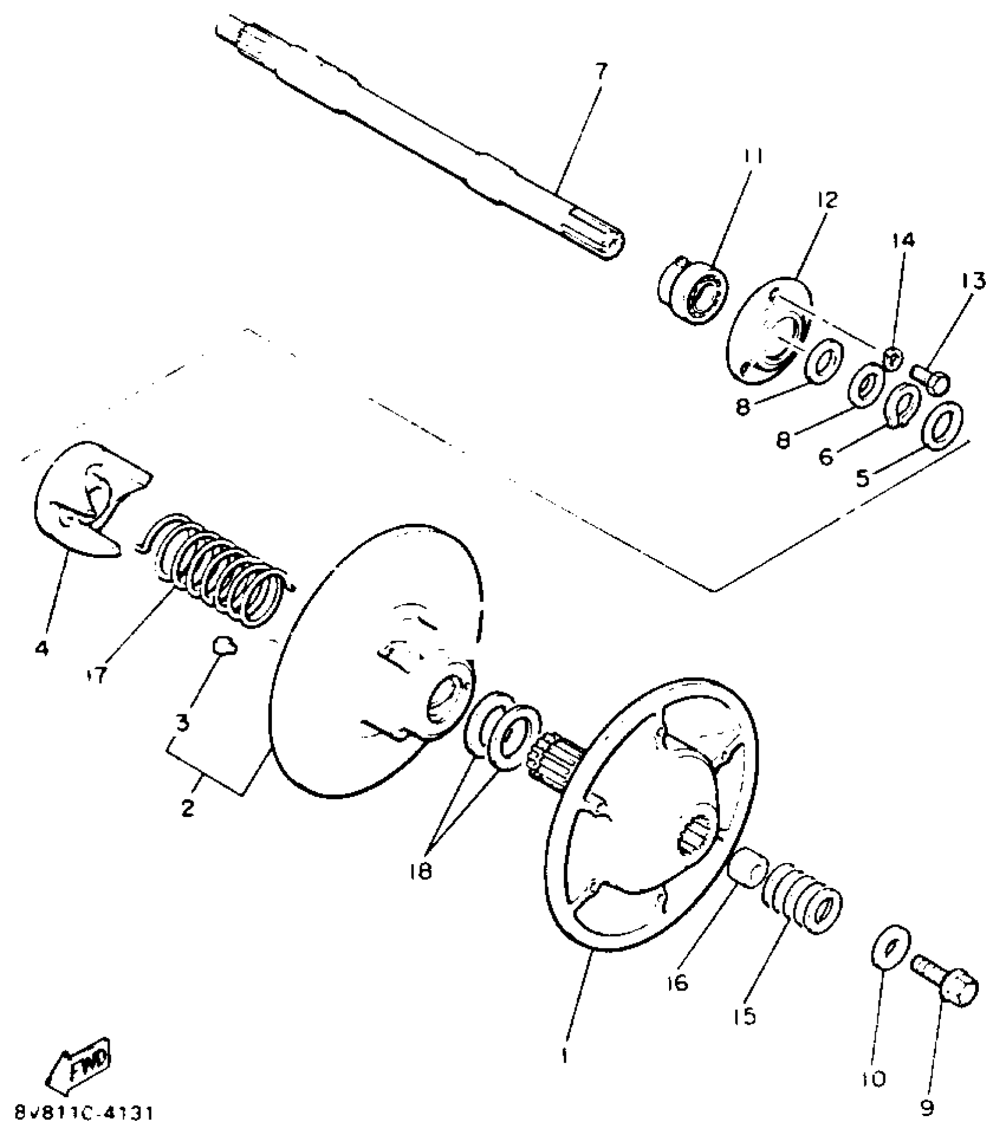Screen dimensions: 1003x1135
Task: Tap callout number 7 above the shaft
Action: pyautogui.click(x=599, y=72)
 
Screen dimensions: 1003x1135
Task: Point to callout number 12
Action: pyautogui.click(x=828, y=200)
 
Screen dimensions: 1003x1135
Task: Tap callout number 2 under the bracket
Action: pyautogui.click(x=188, y=808)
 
